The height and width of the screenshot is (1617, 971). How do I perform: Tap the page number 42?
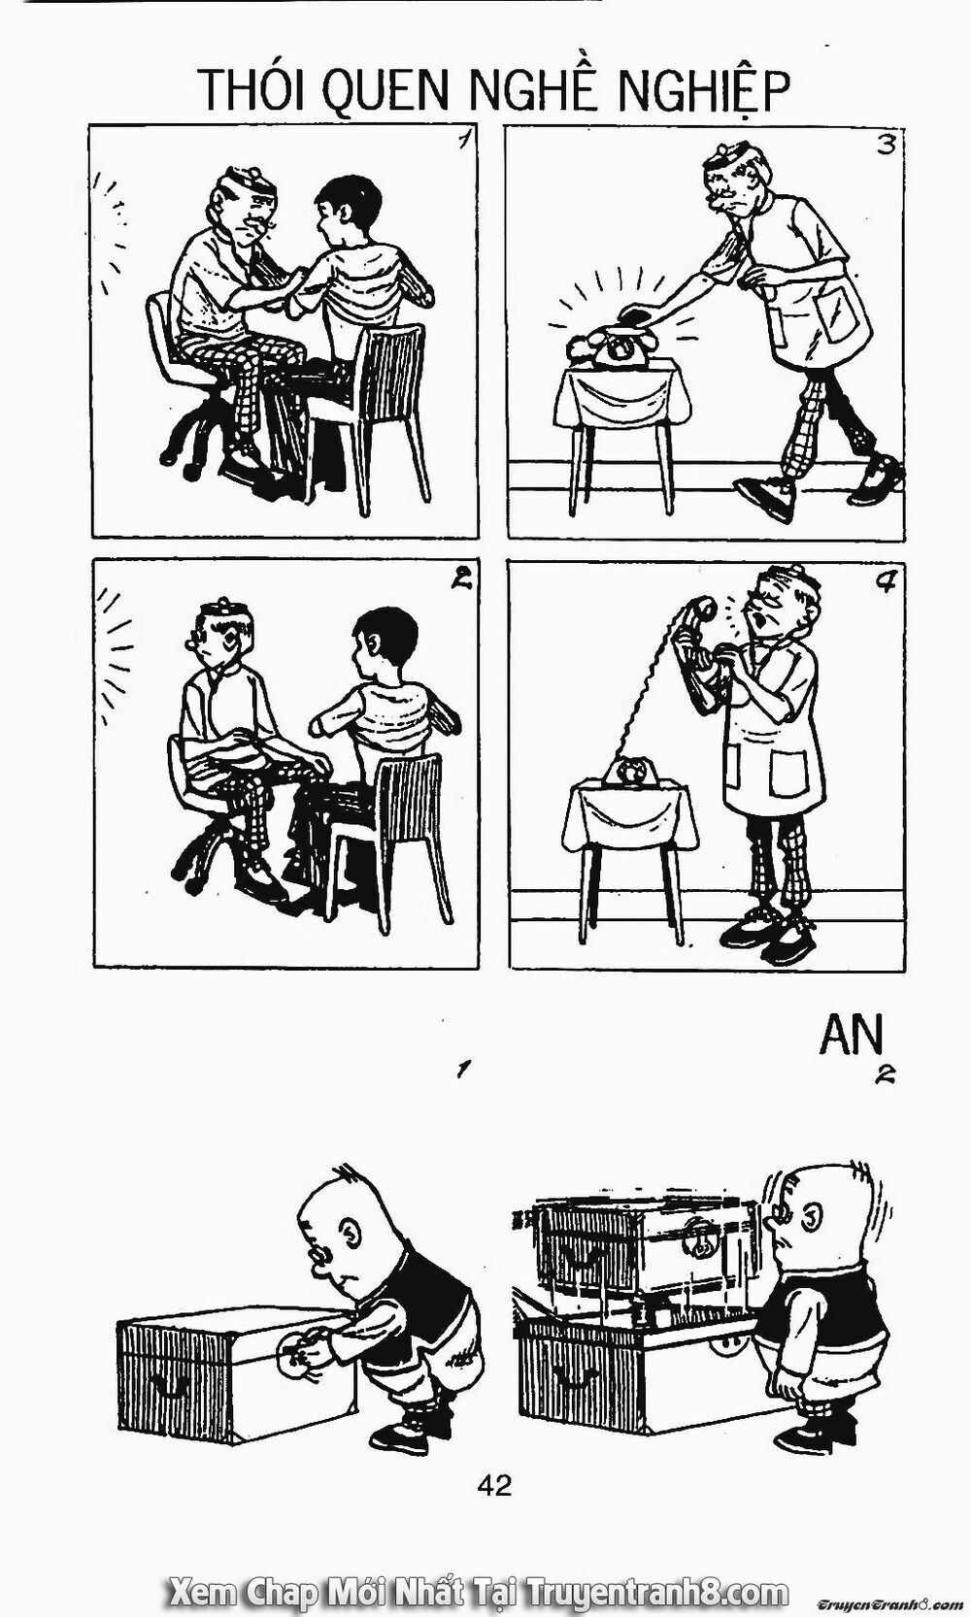tap(494, 1484)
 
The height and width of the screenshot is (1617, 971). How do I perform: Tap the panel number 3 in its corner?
tap(885, 146)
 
